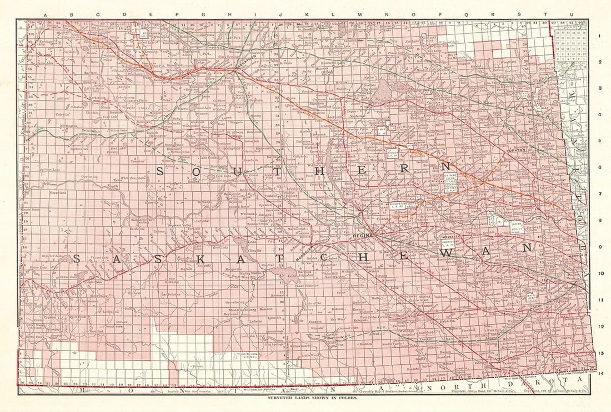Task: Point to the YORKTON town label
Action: coord(515,150)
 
